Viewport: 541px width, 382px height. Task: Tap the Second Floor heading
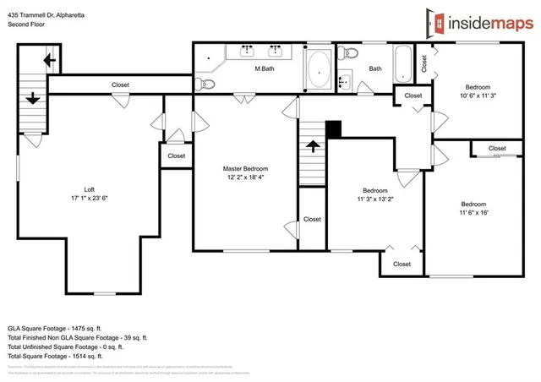[26, 25]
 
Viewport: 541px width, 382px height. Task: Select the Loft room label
[90, 189]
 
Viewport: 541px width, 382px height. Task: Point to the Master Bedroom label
[245, 168]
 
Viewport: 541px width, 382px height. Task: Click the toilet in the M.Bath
[205, 82]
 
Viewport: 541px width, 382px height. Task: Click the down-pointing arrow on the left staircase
[33, 97]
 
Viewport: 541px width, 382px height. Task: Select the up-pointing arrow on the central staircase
[313, 145]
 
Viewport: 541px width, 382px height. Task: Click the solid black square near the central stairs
[333, 129]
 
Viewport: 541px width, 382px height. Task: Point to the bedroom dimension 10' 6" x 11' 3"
[478, 96]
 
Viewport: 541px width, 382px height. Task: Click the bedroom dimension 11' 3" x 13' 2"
[374, 200]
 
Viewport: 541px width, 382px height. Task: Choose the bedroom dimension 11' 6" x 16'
[473, 213]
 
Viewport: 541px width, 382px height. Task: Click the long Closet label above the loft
[121, 85]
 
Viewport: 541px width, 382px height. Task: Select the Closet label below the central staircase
[312, 219]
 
